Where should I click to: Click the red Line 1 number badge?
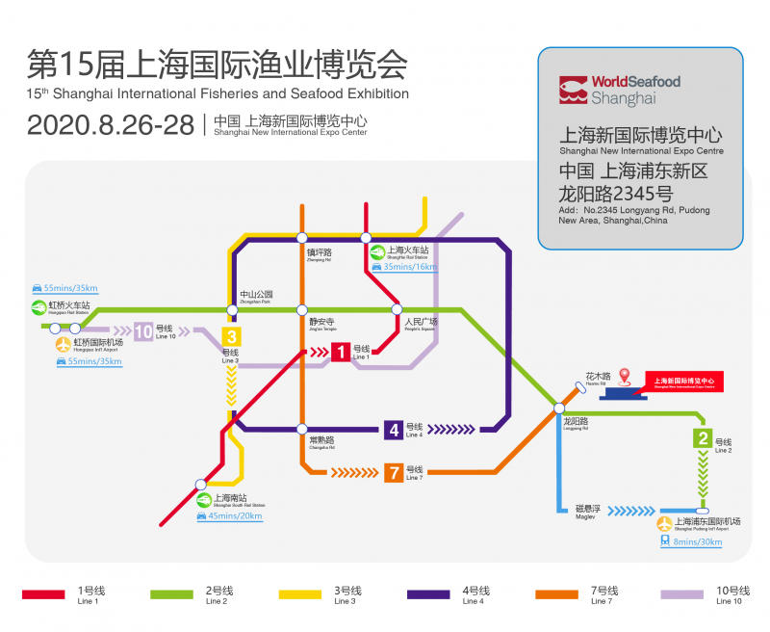point(341,353)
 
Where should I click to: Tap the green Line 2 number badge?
point(704,439)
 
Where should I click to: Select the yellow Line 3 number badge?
point(231,337)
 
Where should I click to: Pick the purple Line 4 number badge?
point(393,430)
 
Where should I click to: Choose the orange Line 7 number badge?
point(393,472)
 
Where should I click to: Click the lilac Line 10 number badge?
point(143,331)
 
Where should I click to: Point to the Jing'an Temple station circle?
point(302,309)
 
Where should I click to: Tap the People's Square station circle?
point(396,309)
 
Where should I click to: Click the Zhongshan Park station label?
point(257,297)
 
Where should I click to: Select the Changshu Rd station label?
point(321,441)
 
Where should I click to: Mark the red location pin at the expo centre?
point(624,375)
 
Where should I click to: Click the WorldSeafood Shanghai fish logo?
point(573,90)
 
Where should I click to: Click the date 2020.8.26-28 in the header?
point(111,125)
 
